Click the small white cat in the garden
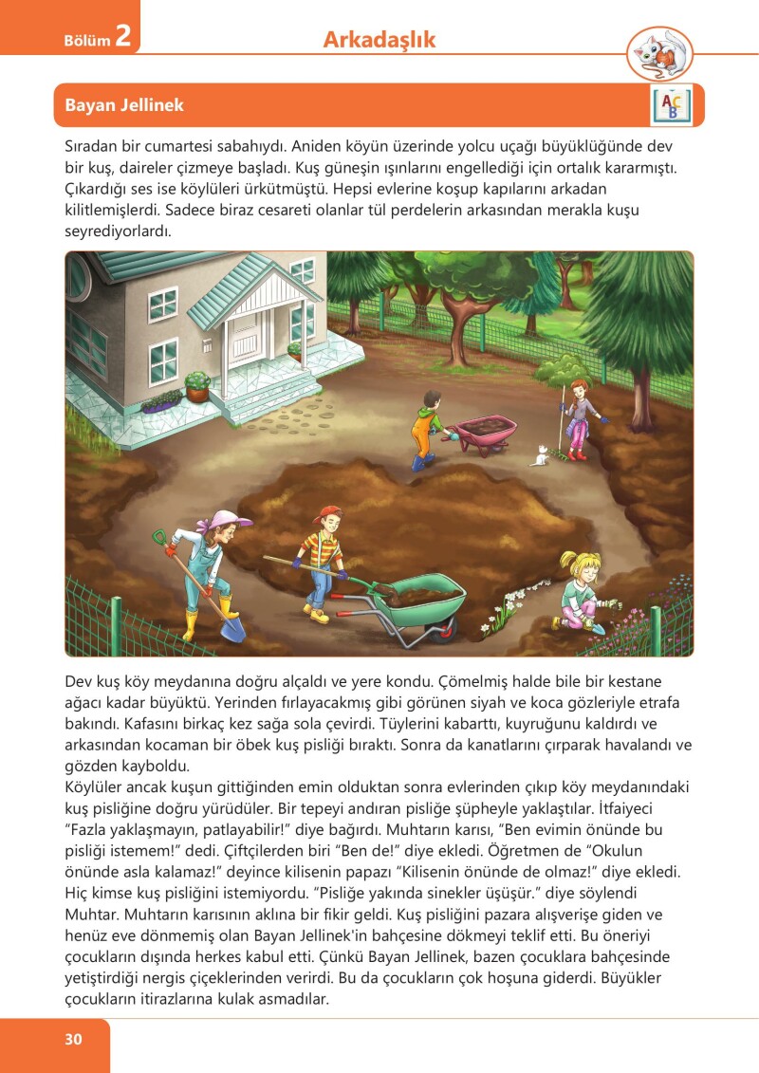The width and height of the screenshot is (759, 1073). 539,456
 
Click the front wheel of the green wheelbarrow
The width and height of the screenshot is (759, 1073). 444,628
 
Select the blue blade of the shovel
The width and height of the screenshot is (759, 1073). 232,627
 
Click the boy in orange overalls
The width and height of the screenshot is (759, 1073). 425,426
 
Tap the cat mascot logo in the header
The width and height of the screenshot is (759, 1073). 659,52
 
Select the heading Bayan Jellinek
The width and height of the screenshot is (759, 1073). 124,105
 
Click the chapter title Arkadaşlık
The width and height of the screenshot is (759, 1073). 379,40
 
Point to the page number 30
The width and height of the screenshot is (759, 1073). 74,1039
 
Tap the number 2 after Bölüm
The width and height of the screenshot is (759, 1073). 122,37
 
